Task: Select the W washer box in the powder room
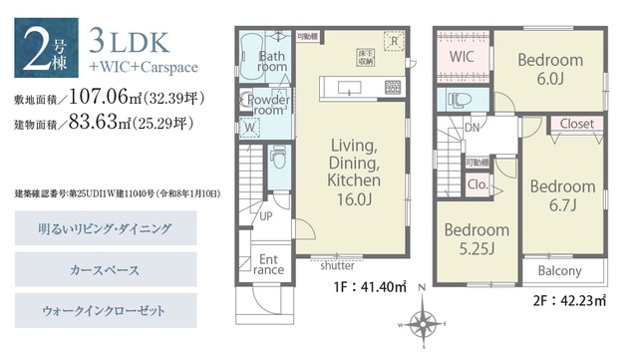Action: click(x=248, y=128)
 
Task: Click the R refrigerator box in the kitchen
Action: click(x=395, y=42)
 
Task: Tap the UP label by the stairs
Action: click(x=266, y=215)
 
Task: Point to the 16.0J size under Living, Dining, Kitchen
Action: click(x=355, y=200)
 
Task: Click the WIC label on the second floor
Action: click(x=460, y=57)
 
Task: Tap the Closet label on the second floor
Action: click(x=576, y=125)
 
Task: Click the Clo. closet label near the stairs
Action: click(x=477, y=184)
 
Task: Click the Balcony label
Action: click(x=560, y=271)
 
